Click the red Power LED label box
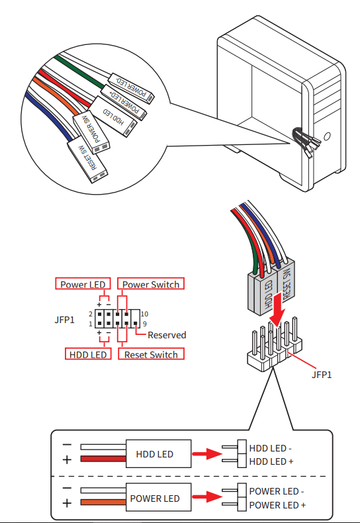83,284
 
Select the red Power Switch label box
151,284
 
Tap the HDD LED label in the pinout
87,354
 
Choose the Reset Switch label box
151,354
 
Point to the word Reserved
167,335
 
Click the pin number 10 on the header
144,314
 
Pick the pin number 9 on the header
145,324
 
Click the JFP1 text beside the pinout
64,320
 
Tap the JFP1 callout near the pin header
322,375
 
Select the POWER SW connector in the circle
92,132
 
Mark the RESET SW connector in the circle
87,161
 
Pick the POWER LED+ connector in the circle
124,103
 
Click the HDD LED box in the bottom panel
158,453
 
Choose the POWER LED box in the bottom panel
158,497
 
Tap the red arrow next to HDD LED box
207,453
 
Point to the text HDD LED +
271,461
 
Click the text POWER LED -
277,491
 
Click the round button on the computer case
328,136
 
